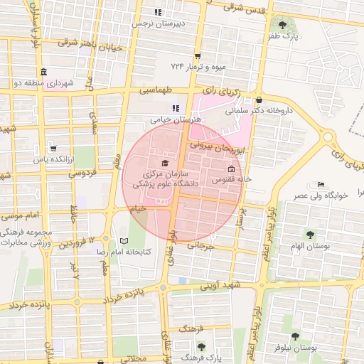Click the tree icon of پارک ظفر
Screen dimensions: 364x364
point(283,24)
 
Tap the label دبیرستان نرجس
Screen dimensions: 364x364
point(161,23)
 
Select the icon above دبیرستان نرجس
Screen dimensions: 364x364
point(159,12)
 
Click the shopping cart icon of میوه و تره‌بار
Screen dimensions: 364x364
point(197,56)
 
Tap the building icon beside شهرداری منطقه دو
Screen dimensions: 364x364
point(44,73)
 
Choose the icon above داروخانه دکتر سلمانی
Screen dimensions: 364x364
point(259,100)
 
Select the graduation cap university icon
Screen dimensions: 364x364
point(166,164)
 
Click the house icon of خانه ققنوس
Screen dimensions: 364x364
point(232,169)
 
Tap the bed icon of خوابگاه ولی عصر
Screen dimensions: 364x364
point(321,185)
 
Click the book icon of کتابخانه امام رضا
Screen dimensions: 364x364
point(124,241)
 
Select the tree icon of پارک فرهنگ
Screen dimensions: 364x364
point(201,348)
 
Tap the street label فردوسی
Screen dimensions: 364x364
point(82,173)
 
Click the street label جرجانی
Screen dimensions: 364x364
point(200,246)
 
